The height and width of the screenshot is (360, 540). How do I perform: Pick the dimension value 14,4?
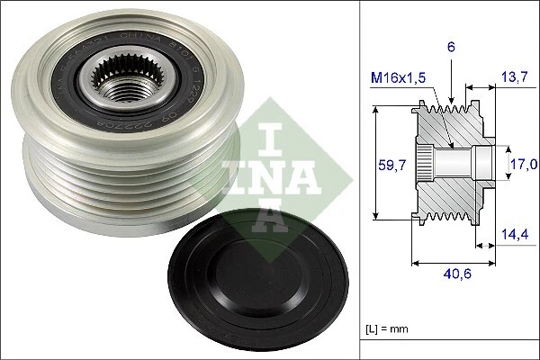point(515,234)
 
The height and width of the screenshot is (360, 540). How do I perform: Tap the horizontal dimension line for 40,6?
point(454,264)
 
